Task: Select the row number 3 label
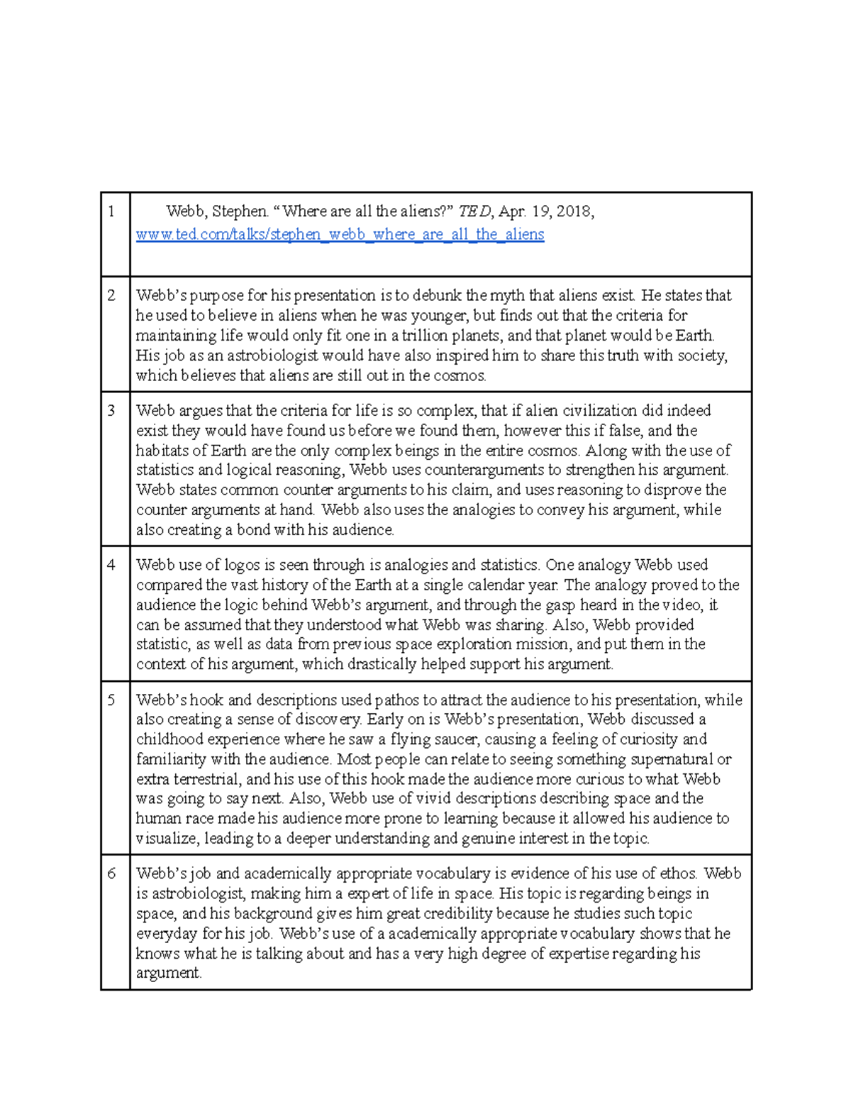pyautogui.click(x=111, y=410)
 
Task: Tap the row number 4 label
pyautogui.click(x=111, y=565)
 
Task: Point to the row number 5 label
pyautogui.click(x=111, y=700)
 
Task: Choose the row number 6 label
pyautogui.click(x=111, y=874)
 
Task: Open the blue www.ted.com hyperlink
pyautogui.click(x=340, y=234)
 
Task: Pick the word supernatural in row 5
pyautogui.click(x=671, y=759)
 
